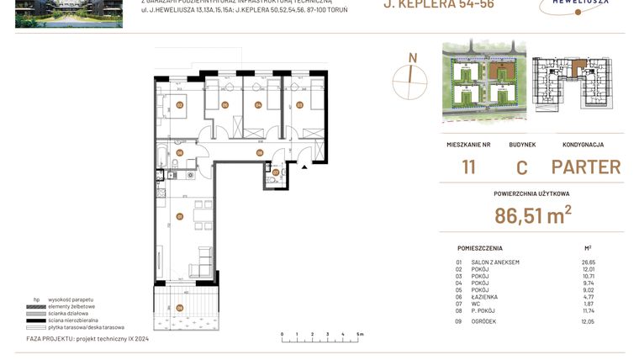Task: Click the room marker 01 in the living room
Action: click(179, 216)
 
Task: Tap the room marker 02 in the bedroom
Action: click(180, 105)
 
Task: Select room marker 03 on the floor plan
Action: click(298, 105)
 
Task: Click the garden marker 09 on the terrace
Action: click(179, 308)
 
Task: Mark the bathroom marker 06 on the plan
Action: click(179, 153)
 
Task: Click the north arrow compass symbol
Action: click(412, 73)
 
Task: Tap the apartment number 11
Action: click(468, 167)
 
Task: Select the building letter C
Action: click(522, 167)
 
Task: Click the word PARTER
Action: click(586, 167)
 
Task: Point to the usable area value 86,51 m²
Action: click(532, 215)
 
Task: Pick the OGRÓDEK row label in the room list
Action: click(489, 321)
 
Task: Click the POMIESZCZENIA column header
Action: click(480, 248)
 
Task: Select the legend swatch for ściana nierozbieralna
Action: click(42, 320)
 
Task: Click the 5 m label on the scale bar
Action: click(360, 334)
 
